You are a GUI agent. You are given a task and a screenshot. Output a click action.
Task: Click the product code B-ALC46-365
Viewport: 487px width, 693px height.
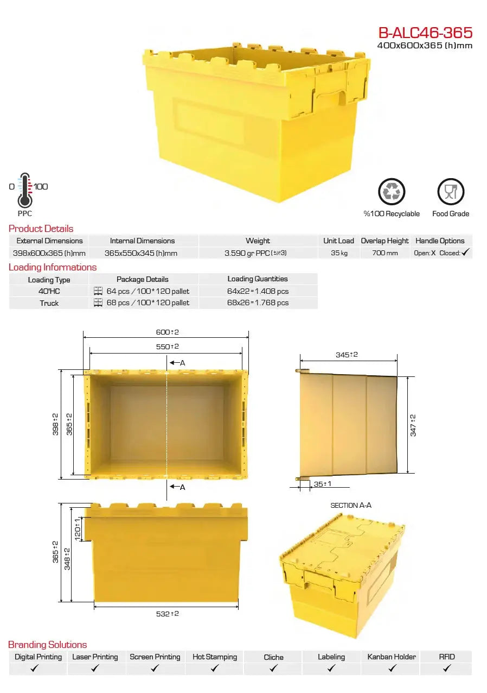[x=426, y=33]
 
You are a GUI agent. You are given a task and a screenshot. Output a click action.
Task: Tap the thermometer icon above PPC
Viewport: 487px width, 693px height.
[x=24, y=190]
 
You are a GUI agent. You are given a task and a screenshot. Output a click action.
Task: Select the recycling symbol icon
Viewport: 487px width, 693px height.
[x=392, y=192]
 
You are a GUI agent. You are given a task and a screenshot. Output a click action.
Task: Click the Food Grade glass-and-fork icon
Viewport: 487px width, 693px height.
[x=451, y=192]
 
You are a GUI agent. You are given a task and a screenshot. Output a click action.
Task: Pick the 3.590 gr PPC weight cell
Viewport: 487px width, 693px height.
[x=255, y=253]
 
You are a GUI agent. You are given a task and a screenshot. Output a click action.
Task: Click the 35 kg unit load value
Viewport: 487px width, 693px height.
[x=339, y=253]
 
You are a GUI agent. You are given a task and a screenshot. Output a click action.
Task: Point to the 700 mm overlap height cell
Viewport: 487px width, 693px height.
[x=385, y=253]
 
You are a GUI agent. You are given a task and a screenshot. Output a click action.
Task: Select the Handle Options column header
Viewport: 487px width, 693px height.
[x=440, y=241]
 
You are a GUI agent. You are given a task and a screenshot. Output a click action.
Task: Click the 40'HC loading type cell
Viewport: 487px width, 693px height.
[x=49, y=291]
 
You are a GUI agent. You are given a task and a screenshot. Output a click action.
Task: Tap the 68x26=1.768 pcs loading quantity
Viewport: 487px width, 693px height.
[x=258, y=303]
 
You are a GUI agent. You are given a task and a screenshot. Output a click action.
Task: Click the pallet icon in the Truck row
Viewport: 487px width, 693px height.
[x=98, y=303]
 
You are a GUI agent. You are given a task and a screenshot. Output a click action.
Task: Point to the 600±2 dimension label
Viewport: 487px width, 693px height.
[x=167, y=332]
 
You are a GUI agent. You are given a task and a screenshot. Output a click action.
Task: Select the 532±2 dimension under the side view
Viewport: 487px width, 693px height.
[x=167, y=614]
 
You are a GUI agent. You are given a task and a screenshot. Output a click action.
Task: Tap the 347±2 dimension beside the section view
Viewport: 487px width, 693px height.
[x=413, y=425]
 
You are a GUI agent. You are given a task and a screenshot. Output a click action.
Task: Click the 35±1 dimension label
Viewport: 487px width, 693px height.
[x=322, y=484]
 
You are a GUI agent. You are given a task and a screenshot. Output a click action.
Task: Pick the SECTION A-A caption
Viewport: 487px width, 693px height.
[x=351, y=505]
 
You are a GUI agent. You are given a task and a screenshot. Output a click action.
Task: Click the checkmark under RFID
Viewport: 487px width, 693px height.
[x=447, y=669]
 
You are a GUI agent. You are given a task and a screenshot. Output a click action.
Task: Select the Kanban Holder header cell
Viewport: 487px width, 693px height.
[x=391, y=657]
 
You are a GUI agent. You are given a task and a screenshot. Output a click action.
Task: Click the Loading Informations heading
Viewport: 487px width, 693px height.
[x=53, y=267]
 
